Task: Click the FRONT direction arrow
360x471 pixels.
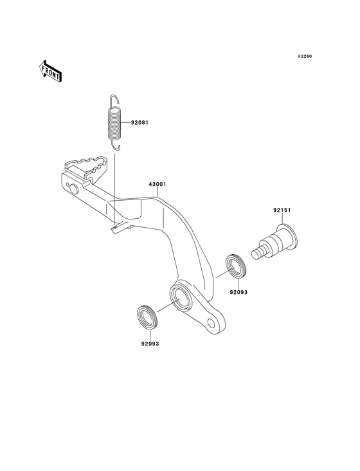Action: pyautogui.click(x=50, y=70)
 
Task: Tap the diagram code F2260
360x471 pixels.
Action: pyautogui.click(x=304, y=57)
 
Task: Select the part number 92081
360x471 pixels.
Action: pyautogui.click(x=140, y=122)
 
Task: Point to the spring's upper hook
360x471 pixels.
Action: pyautogui.click(x=113, y=100)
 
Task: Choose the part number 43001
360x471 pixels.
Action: pyautogui.click(x=157, y=184)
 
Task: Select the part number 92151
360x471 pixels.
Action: pyautogui.click(x=280, y=210)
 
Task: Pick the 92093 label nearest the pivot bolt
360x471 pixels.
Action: pyautogui.click(x=239, y=291)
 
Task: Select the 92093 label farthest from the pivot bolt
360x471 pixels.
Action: pyautogui.click(x=150, y=344)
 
